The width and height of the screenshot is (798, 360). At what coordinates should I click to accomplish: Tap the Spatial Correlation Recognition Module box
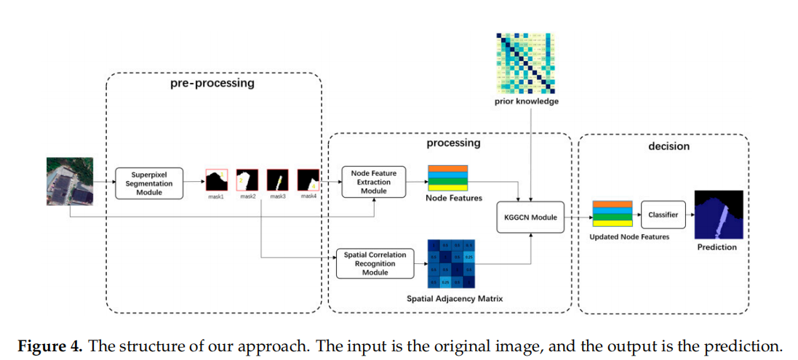[x=375, y=263]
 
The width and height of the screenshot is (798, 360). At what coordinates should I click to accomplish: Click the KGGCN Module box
[x=530, y=217]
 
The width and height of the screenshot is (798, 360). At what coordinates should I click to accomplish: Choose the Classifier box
[x=663, y=215]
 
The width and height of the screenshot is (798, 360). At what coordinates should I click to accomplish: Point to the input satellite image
[x=69, y=181]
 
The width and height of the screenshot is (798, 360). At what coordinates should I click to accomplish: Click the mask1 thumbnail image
[x=217, y=180]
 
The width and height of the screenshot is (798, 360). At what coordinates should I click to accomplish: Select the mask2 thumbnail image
[x=247, y=180]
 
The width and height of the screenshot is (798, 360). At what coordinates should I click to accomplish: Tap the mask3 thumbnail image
[x=278, y=180]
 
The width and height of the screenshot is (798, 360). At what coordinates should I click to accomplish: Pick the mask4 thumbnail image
[x=308, y=180]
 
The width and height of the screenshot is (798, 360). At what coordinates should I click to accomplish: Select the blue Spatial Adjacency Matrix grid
[x=452, y=263]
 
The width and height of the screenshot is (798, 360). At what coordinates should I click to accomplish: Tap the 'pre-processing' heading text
[x=212, y=83]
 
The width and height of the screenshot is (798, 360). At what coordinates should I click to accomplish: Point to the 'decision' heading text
[x=668, y=146]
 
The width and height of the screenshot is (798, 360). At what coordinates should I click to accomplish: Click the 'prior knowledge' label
[x=527, y=102]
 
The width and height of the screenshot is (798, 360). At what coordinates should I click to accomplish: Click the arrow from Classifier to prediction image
[x=690, y=215]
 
